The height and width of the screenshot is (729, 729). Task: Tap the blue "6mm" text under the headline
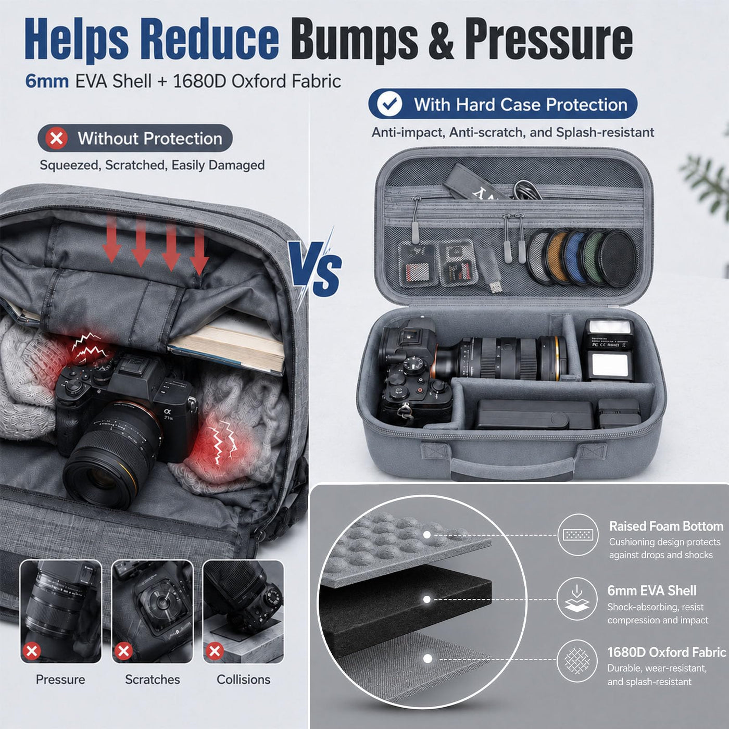(47, 81)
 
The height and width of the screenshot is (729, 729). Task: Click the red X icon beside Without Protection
(56, 139)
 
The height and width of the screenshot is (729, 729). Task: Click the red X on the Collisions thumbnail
(215, 651)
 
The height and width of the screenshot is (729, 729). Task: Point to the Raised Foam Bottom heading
(666, 526)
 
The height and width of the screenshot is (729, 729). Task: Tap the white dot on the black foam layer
(427, 600)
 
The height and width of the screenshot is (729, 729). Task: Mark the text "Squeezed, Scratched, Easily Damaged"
(152, 165)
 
